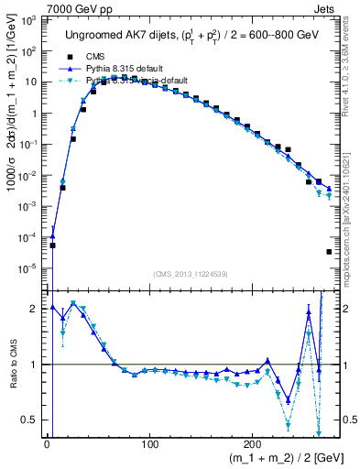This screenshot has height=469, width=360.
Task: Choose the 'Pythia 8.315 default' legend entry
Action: tap(108, 69)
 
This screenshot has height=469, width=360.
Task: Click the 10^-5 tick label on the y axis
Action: tap(29, 268)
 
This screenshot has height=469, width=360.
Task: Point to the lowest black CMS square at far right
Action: tap(329, 252)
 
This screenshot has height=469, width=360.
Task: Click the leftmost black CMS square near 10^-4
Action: tap(52, 245)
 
